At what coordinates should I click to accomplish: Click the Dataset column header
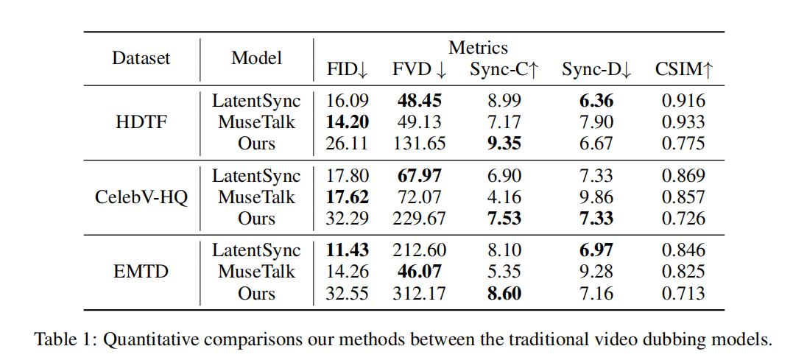(141, 58)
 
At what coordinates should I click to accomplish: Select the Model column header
(256, 58)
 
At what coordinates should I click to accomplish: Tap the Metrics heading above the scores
(478, 48)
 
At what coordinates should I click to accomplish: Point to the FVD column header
(419, 70)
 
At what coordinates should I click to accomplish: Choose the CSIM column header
(684, 70)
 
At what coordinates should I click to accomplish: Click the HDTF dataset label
(141, 122)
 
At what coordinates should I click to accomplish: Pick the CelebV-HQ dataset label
(141, 197)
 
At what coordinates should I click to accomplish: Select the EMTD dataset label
(141, 272)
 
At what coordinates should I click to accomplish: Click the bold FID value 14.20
(348, 122)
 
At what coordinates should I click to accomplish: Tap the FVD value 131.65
(419, 144)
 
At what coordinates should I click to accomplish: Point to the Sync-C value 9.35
(504, 144)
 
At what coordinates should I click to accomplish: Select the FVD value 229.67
(419, 219)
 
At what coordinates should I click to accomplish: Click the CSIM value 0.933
(683, 122)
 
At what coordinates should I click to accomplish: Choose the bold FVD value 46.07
(419, 272)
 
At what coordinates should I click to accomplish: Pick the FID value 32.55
(348, 294)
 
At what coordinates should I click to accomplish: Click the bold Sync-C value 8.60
(504, 294)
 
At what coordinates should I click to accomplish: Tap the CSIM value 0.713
(683, 294)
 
